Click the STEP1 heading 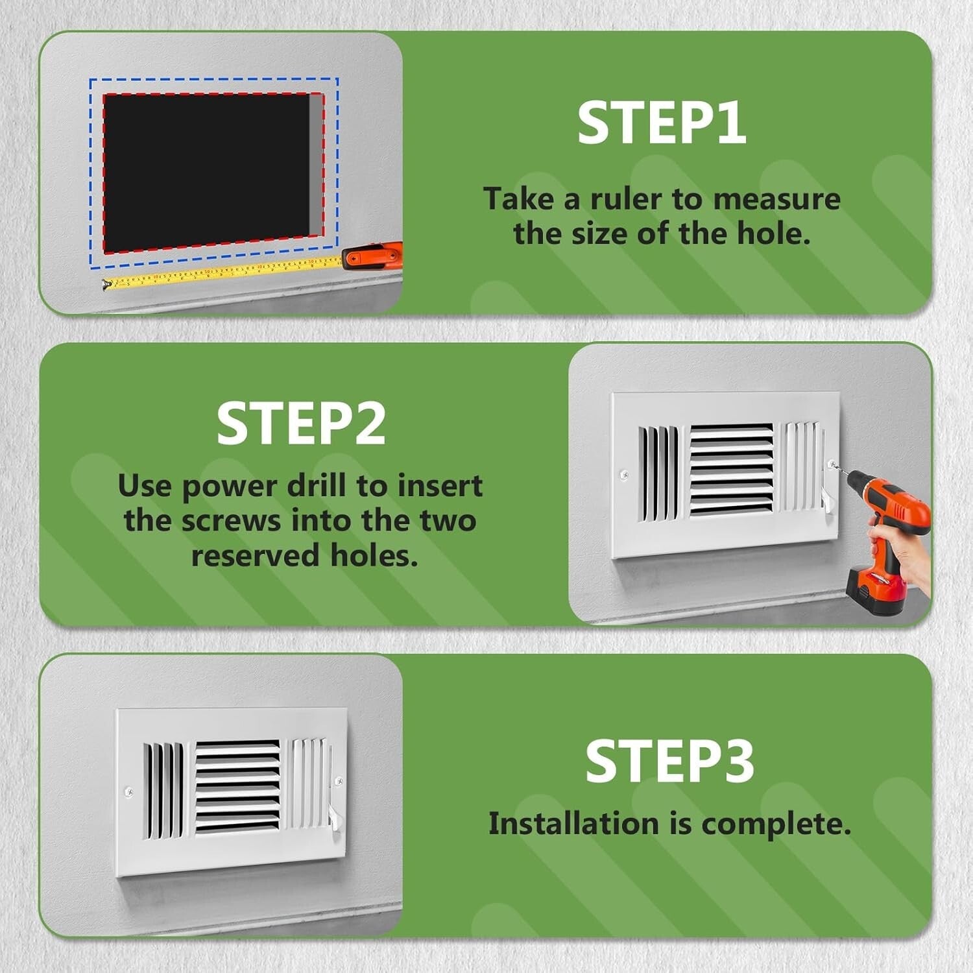coord(662,123)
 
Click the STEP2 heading coord(301,424)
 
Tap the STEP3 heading coord(669,761)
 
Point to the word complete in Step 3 coord(775,824)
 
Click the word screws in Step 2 coord(232,521)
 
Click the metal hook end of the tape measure coord(106,284)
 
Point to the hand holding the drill coord(911,561)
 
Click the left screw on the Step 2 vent coord(624,475)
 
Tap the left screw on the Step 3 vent coord(128,791)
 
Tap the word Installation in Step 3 coord(574,824)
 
